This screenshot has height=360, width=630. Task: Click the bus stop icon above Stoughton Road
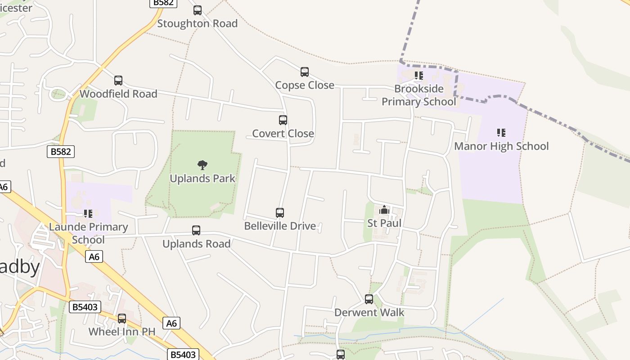(198, 10)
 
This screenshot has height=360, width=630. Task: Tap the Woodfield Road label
(118, 94)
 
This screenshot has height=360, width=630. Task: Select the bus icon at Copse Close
(305, 72)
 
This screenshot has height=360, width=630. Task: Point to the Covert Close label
(283, 134)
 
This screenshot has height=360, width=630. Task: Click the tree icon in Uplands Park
(202, 165)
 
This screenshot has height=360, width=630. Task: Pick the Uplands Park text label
(202, 179)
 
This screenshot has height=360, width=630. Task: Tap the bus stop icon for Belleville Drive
(280, 213)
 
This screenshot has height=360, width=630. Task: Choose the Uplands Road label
(196, 244)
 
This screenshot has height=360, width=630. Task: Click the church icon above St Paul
(384, 210)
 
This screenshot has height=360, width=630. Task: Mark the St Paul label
(384, 223)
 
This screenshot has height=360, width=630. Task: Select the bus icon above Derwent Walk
(369, 299)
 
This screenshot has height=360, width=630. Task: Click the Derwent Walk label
(369, 313)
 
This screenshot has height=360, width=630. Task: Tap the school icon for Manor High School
(501, 133)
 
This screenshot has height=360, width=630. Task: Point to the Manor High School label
(501, 146)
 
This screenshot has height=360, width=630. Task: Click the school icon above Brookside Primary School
(419, 76)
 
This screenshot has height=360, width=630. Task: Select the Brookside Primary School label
(419, 95)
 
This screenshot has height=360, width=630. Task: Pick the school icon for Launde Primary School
(88, 214)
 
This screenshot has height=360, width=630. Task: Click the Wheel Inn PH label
(122, 332)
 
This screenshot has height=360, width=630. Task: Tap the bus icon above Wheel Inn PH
(122, 319)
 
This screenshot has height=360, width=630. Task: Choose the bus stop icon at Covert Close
(283, 120)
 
